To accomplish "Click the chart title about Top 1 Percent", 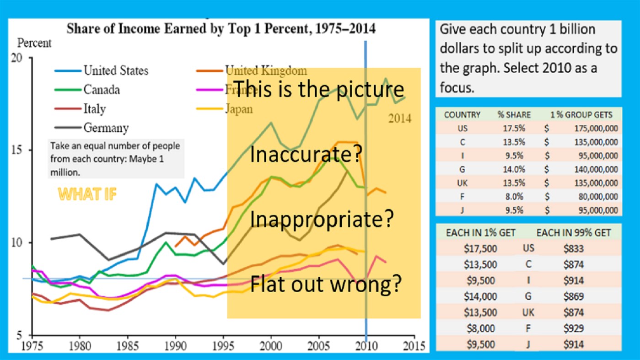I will (x=221, y=29).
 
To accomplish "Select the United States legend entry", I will (x=116, y=71).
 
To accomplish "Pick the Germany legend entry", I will (x=106, y=128).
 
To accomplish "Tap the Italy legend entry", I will (x=94, y=109).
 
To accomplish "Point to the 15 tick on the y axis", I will (x=20, y=150).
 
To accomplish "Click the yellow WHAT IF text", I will (x=87, y=194).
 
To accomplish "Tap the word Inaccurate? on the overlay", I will (x=306, y=155).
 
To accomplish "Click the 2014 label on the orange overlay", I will (x=400, y=119).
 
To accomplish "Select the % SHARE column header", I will (x=514, y=115).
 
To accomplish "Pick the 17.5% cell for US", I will (x=514, y=129).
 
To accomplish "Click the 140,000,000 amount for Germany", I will (x=595, y=170).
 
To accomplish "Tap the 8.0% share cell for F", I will (x=514, y=197).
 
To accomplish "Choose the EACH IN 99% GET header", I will (x=573, y=233).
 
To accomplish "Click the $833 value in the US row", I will (x=574, y=249).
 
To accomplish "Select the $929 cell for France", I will (x=574, y=328).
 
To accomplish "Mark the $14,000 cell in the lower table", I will (x=480, y=296).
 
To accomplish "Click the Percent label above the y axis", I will (x=34, y=43).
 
